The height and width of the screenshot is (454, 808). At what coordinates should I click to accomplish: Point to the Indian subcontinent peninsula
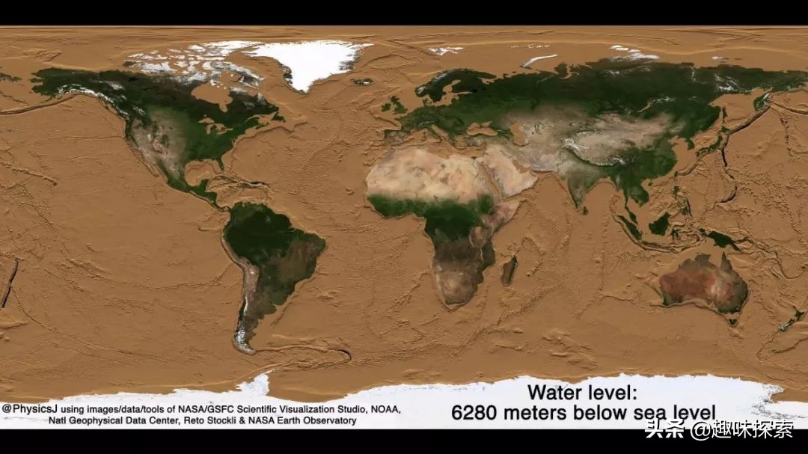coord(578,187)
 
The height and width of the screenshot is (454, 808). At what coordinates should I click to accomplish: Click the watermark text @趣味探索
coord(741,430)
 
